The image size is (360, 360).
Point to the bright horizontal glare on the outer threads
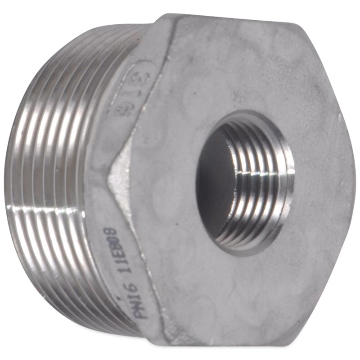45,211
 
